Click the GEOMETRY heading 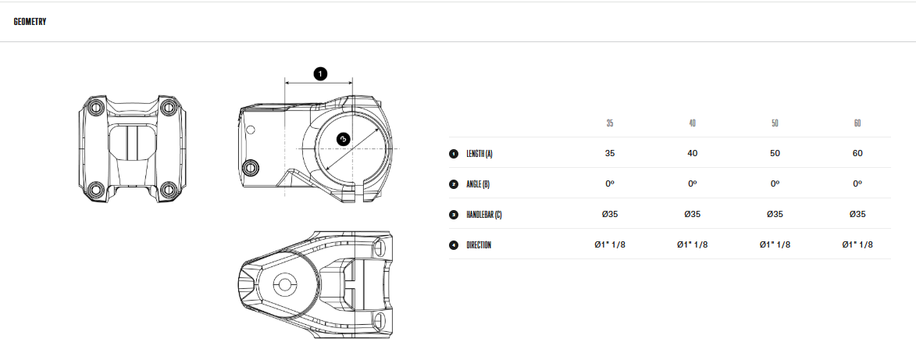[x=30, y=22]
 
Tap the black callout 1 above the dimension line [x=320, y=74]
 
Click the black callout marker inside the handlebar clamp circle [x=343, y=138]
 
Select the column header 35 [x=610, y=123]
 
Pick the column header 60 [x=857, y=123]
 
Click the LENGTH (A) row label [x=479, y=154]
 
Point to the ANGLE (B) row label [x=478, y=184]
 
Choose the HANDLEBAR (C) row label [x=483, y=215]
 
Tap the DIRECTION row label [x=479, y=245]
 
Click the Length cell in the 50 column [x=775, y=154]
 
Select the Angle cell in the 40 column [x=692, y=184]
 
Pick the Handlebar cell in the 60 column [x=857, y=215]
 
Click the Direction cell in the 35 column [x=610, y=245]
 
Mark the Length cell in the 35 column [x=610, y=154]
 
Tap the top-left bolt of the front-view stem [x=97, y=107]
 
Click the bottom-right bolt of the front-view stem [x=169, y=189]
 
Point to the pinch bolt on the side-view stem [x=251, y=167]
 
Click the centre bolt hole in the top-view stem [x=285, y=284]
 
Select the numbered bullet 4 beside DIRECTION [x=454, y=245]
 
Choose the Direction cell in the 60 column [x=857, y=245]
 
